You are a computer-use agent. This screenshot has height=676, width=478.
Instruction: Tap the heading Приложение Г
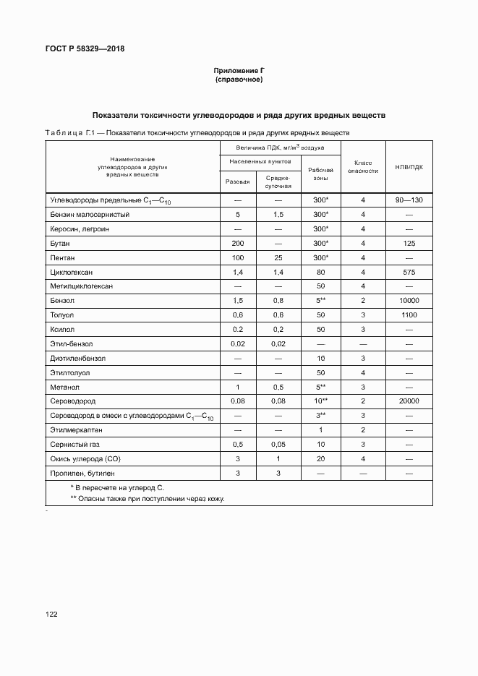tap(239, 70)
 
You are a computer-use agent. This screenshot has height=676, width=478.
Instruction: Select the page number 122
tap(51, 614)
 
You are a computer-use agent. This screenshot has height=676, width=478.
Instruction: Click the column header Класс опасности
tap(363, 167)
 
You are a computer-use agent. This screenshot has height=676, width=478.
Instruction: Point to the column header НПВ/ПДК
tap(409, 167)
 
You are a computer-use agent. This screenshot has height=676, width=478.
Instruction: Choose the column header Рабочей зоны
tap(321, 174)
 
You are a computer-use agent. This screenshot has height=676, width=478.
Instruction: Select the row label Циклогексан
tap(71, 272)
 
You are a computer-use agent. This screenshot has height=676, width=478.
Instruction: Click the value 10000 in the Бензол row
tap(409, 301)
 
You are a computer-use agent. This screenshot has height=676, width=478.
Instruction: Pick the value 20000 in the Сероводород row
tap(409, 401)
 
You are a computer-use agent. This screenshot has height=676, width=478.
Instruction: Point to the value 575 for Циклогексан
tap(409, 272)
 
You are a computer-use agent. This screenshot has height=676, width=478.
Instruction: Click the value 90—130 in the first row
tap(409, 200)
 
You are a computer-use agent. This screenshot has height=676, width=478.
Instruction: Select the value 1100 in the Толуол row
tap(409, 315)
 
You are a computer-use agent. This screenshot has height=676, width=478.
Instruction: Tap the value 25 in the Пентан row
tap(278, 258)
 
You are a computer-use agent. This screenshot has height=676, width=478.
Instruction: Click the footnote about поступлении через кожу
tap(147, 499)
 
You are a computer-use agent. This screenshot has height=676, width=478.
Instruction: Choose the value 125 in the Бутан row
tap(409, 244)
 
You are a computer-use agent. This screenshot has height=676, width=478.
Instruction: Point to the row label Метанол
tap(64, 387)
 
